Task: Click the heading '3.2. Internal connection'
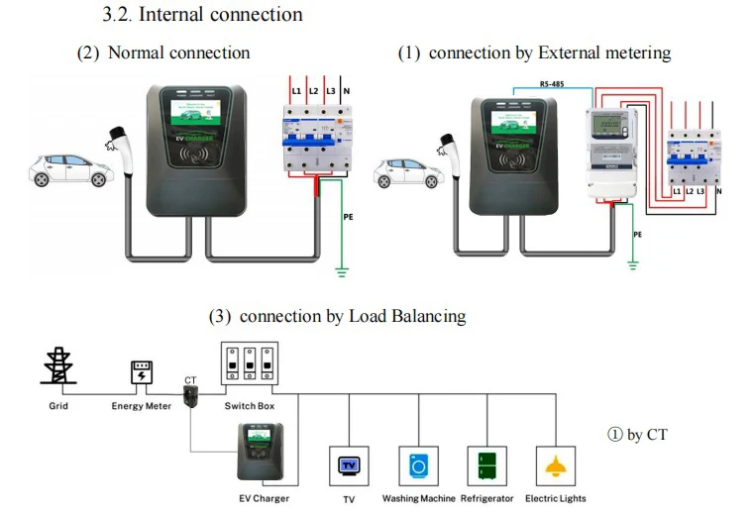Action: coord(202,15)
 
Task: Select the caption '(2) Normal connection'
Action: coord(163,52)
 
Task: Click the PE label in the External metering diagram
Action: coord(638,235)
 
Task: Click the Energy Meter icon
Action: coord(142,373)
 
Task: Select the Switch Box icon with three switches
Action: coord(249,366)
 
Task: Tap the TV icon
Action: coord(349,464)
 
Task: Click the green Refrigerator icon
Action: coord(486,464)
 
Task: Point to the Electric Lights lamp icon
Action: coord(556,464)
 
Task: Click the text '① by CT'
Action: coord(637,434)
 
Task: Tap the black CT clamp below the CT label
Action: coord(191,398)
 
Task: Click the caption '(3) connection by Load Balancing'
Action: coord(337,317)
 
